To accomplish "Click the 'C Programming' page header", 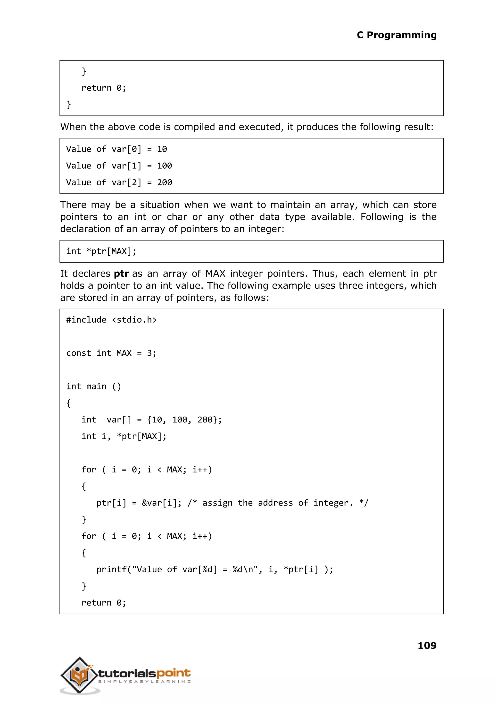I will click(396, 35).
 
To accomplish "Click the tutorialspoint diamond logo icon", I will click(80, 675).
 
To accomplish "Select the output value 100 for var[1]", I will click(164, 166).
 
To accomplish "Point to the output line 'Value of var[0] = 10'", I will click(116, 149).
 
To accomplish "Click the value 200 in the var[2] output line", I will click(164, 183).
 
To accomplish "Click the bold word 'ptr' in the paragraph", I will click(121, 274).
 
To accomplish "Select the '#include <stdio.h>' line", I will click(111, 320).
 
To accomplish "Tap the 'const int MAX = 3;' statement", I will click(111, 353).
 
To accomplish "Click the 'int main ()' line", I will click(94, 386).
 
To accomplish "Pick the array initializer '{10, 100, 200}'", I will click(184, 420).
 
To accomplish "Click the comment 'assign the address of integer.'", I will click(278, 503).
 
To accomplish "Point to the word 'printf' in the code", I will click(111, 569).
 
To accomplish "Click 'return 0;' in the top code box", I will click(103, 88).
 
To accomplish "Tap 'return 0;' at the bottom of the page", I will click(103, 603).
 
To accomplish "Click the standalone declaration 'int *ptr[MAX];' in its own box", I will click(101, 251).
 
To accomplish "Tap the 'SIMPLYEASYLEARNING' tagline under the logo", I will click(144, 682).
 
